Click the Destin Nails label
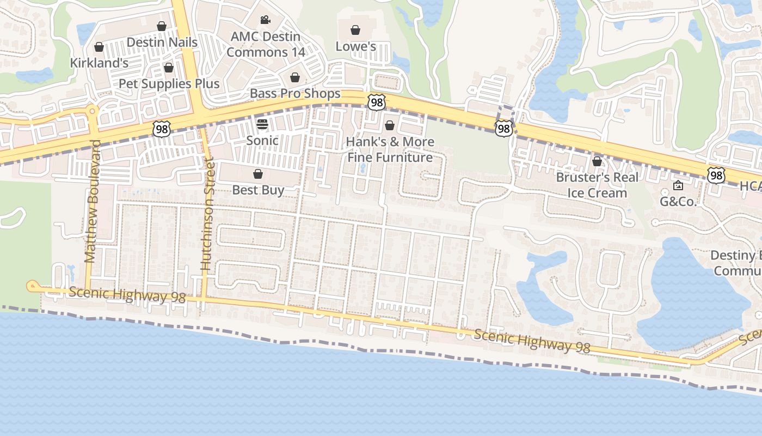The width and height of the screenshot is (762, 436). [x=162, y=42]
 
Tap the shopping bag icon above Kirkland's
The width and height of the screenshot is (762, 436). [x=99, y=47]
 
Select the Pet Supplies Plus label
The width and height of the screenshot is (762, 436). [x=169, y=83]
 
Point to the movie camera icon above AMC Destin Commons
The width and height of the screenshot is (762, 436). [x=265, y=20]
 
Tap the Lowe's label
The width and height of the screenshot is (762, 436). [x=355, y=46]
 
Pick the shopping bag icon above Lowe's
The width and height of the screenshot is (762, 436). [x=355, y=30]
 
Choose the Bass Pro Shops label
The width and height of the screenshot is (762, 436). [x=295, y=93]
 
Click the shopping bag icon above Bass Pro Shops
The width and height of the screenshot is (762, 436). [x=294, y=77]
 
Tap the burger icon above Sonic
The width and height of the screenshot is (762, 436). [x=262, y=124]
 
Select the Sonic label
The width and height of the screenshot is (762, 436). [x=262, y=140]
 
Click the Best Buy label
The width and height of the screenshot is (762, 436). [x=258, y=190]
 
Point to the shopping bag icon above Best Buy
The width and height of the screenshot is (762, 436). [x=258, y=174]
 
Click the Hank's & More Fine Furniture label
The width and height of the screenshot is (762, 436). [x=390, y=149]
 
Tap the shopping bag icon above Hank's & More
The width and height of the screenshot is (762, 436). [x=390, y=126]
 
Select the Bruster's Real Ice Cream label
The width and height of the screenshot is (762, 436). [x=597, y=185]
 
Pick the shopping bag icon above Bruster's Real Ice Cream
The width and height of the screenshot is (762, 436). [x=597, y=161]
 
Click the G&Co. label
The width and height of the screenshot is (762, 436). [x=678, y=201]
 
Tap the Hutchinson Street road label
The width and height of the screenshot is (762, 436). [x=207, y=215]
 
